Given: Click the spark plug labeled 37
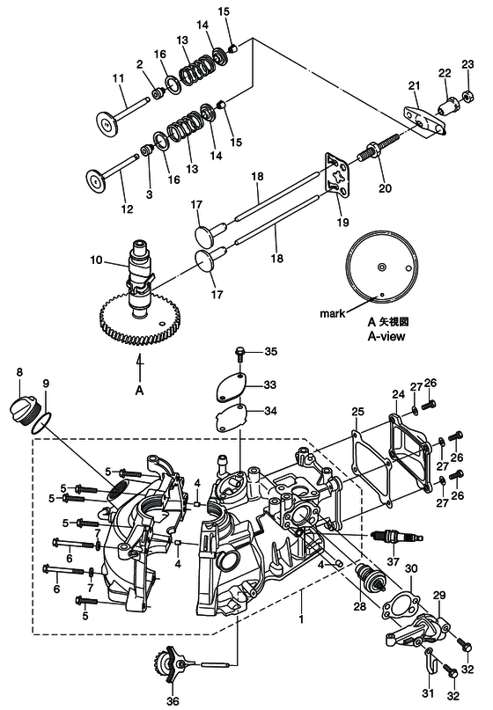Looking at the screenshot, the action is tap(397, 538).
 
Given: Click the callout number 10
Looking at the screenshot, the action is tap(97, 260).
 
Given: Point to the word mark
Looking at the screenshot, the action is tap(333, 313).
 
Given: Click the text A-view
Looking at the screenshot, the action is tap(386, 336).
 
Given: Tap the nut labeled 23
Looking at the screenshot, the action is tap(467, 96).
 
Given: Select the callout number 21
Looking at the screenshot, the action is tap(414, 85).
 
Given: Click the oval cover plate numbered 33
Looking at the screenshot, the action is tap(231, 386).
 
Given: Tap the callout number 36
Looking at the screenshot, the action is tap(173, 701).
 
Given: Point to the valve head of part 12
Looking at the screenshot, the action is tap(96, 180).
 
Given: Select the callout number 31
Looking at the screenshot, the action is tap(428, 693).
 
